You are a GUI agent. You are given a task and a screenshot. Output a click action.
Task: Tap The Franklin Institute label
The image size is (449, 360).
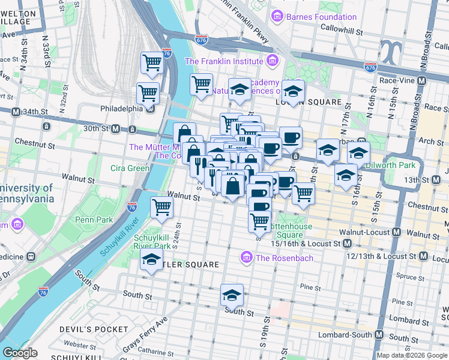[223, 61]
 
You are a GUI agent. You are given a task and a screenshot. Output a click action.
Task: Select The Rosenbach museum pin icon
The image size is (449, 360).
[246, 258]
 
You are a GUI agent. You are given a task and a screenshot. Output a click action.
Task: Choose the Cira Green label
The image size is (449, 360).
[130, 168]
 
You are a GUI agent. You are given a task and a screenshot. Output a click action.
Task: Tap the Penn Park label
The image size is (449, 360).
[94, 220]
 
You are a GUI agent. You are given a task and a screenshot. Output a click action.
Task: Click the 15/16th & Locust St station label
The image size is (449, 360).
[306, 244]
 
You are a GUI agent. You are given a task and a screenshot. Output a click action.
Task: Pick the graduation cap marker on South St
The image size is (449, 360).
[232, 295]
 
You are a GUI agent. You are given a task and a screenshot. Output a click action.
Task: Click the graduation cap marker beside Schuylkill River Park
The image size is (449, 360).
[151, 260]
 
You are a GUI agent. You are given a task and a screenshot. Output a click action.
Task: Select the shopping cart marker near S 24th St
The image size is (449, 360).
[162, 207]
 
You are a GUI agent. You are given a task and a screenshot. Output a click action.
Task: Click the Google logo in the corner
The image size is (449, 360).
[20, 353]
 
